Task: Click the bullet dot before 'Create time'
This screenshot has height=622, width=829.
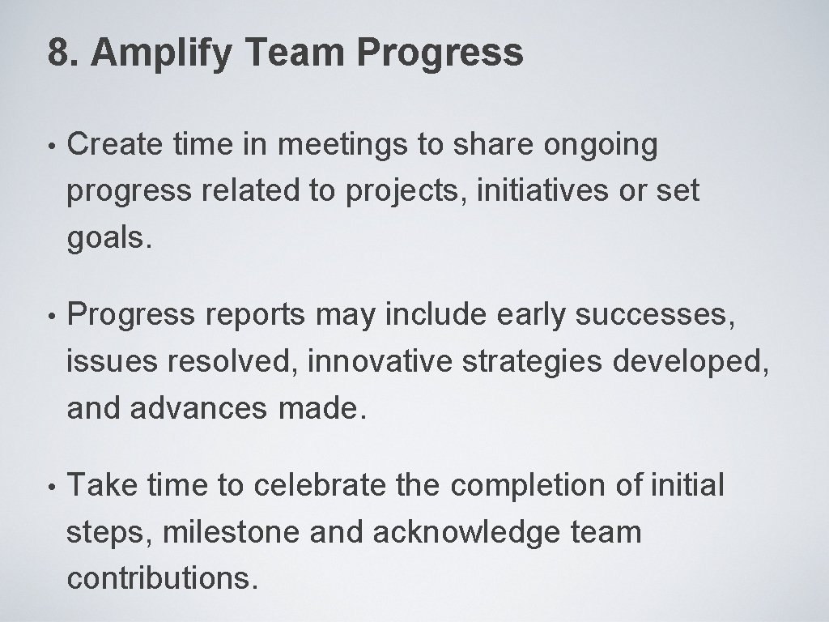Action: click(52, 147)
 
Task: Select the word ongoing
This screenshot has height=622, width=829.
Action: click(600, 146)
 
